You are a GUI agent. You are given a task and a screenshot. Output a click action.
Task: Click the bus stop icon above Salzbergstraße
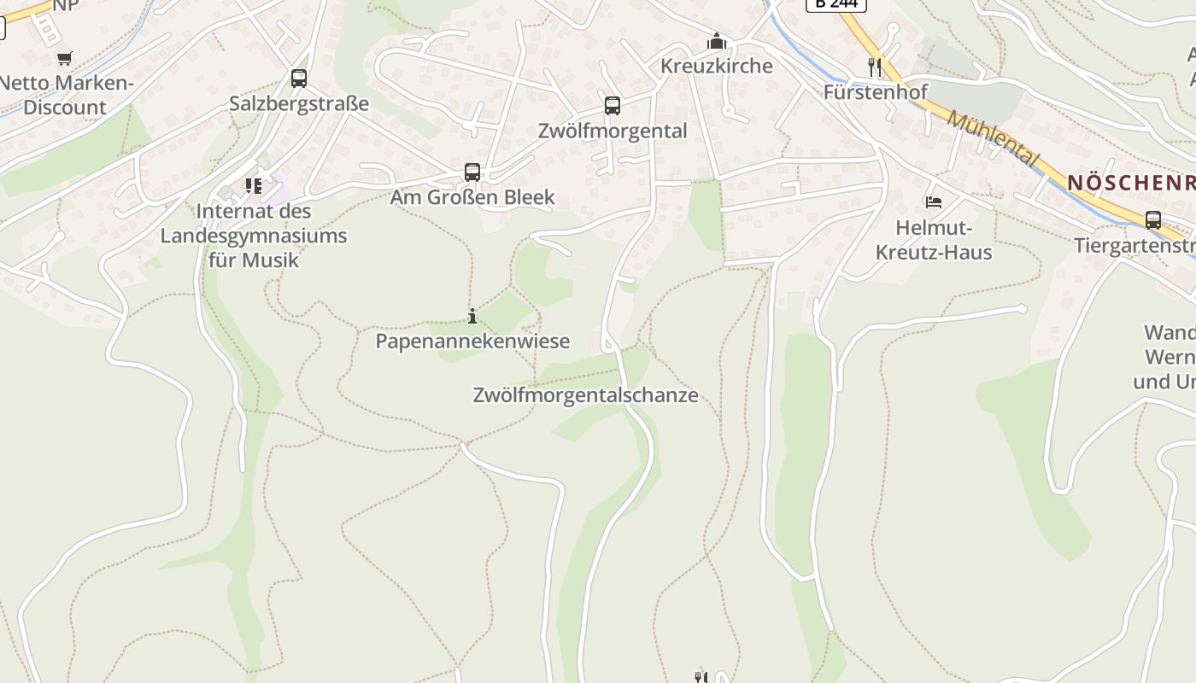298,79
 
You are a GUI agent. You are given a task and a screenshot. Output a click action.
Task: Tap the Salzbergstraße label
299,103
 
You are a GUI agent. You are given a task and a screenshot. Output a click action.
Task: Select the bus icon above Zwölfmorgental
613,106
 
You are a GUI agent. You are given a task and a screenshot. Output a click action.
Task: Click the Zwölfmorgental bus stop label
613,131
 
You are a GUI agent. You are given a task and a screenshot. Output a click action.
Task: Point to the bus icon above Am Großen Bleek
472,172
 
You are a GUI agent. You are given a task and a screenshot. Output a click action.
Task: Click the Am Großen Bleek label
472,197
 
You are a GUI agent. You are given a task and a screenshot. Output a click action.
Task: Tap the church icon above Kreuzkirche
716,41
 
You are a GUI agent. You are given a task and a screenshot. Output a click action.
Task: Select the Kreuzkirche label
716,66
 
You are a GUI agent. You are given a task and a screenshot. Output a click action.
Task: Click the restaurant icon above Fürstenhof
874,67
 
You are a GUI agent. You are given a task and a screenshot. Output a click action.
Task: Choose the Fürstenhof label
875,91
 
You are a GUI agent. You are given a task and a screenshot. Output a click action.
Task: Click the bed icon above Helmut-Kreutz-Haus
933,202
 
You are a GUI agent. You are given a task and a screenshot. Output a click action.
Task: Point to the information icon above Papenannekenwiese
472,317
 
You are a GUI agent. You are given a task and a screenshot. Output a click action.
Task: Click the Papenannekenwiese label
472,341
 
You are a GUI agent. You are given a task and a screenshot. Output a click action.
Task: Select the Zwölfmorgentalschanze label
585,395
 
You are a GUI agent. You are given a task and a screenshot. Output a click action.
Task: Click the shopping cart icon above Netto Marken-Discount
65,58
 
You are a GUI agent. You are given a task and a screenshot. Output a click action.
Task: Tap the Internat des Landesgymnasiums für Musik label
254,235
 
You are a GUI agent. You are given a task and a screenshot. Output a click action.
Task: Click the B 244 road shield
835,4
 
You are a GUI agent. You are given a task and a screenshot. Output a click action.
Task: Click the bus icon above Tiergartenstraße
1152,220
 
